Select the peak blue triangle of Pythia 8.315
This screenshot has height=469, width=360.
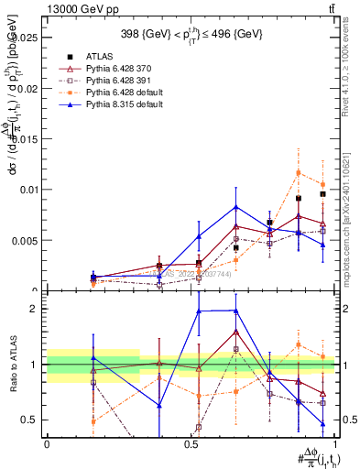coord(236,207)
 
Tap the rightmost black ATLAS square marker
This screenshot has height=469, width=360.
coord(322,194)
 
